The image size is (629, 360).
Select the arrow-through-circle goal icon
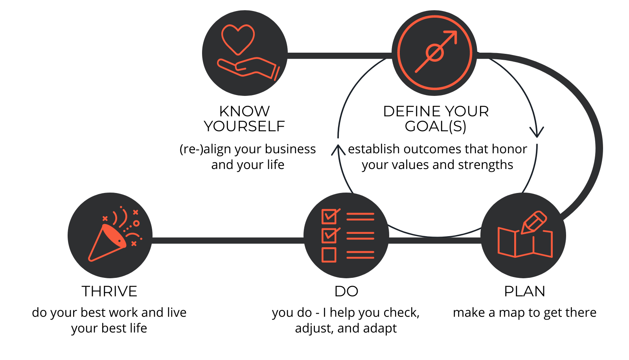point(435,53)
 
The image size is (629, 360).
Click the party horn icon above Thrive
point(107,243)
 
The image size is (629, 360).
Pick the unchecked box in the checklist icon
point(329,255)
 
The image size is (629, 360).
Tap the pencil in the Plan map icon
point(534,222)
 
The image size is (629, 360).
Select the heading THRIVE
point(109,292)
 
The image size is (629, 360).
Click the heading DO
point(346,292)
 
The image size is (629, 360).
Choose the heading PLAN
point(524,292)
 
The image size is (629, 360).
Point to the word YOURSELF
point(244,127)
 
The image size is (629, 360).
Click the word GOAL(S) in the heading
point(436,127)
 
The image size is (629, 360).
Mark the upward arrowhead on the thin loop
point(338,150)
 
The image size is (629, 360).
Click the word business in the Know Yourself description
point(290,149)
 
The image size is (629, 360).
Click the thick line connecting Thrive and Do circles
point(228,240)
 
